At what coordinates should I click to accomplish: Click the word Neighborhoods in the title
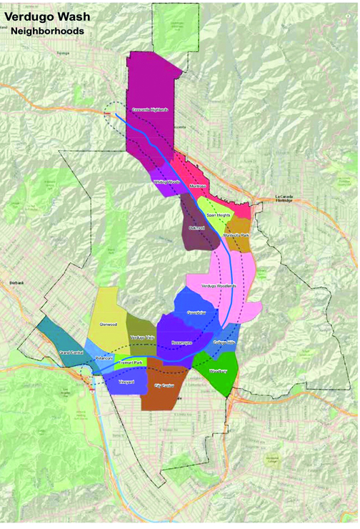pyautogui.click(x=47, y=31)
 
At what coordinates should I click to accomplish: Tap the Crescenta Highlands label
pyautogui.click(x=150, y=109)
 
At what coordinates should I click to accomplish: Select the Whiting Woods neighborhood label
pyautogui.click(x=166, y=182)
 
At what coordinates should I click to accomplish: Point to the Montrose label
pyautogui.click(x=198, y=187)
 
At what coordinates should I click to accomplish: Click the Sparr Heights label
pyautogui.click(x=218, y=214)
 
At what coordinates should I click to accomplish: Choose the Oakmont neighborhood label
pyautogui.click(x=197, y=227)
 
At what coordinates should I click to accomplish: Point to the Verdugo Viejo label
pyautogui.click(x=141, y=337)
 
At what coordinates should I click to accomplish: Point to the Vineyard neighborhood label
pyautogui.click(x=126, y=382)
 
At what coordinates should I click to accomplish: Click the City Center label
pyautogui.click(x=164, y=385)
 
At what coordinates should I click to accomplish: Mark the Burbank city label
pyautogui.click(x=16, y=283)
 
